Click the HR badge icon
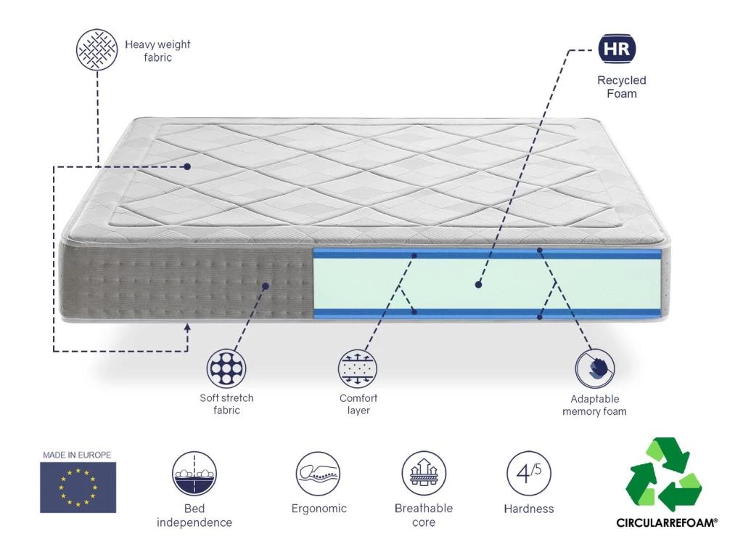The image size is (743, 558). (x=617, y=50)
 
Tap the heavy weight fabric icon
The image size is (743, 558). (x=97, y=49)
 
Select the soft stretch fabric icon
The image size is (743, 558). (x=226, y=369)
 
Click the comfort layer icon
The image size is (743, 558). (x=358, y=369)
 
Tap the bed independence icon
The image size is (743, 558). (x=194, y=474)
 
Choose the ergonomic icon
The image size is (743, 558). (x=318, y=474)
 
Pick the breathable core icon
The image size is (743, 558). (x=424, y=474)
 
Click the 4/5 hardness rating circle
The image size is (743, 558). (x=528, y=474)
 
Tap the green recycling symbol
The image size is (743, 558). (x=663, y=475)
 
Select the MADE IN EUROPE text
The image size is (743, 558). (x=77, y=455)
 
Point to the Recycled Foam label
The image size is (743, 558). (x=622, y=87)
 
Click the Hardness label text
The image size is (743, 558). (x=528, y=509)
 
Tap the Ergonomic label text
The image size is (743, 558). (x=319, y=509)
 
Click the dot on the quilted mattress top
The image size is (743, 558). (x=187, y=166)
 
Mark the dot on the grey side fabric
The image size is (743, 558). (x=266, y=286)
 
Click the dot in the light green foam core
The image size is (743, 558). (x=478, y=285)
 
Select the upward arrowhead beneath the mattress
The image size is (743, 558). (x=187, y=328)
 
